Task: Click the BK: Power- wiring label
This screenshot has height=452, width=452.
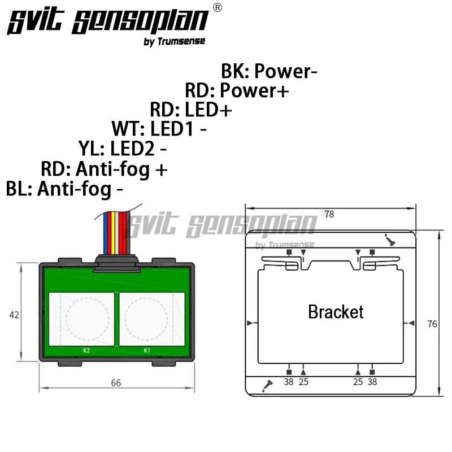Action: pyautogui.click(x=269, y=71)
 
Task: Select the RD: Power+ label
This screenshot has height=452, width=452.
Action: pyautogui.click(x=237, y=90)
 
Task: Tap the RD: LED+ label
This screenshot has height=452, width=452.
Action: pyautogui.click(x=191, y=110)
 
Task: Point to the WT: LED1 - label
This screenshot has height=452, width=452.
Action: pyautogui.click(x=159, y=129)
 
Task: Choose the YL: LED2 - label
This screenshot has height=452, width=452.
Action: pyautogui.click(x=122, y=149)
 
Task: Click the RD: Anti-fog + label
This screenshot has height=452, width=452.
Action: pyautogui.click(x=104, y=169)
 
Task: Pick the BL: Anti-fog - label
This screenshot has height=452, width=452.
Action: pyautogui.click(x=64, y=189)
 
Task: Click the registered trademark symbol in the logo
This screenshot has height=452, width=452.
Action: pyautogui.click(x=218, y=7)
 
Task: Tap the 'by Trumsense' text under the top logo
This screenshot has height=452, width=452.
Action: pyautogui.click(x=175, y=41)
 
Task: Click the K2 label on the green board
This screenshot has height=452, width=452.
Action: pyautogui.click(x=86, y=350)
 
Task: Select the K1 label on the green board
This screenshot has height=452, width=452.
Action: pyautogui.click(x=147, y=350)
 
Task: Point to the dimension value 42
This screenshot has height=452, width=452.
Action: pyautogui.click(x=14, y=315)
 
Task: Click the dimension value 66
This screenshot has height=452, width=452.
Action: pyautogui.click(x=116, y=383)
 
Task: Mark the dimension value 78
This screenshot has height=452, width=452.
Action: pyautogui.click(x=329, y=214)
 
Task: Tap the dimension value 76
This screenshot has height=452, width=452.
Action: pyautogui.click(x=432, y=324)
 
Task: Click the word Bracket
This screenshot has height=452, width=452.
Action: pyautogui.click(x=336, y=312)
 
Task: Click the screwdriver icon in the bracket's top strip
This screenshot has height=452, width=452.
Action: pyautogui.click(x=389, y=240)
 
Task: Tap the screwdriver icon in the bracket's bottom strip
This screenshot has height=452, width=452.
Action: pyautogui.click(x=267, y=386)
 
